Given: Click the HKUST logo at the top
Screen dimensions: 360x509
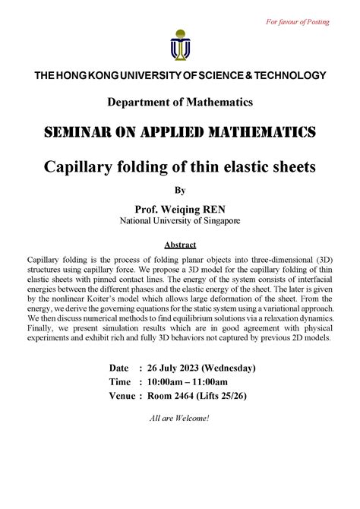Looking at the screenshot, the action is (179, 44).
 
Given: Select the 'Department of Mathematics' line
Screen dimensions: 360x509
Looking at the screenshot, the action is (179, 101).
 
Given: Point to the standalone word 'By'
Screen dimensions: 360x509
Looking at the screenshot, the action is (180, 190).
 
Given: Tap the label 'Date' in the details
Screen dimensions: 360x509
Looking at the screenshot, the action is (120, 368).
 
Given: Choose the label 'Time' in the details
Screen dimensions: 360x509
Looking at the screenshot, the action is (120, 381).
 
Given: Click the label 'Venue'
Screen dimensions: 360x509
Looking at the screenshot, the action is (123, 395).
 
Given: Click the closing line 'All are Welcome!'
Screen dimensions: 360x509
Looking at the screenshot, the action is (180, 419).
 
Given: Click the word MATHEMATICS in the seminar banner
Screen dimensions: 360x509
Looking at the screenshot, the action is (242, 133).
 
